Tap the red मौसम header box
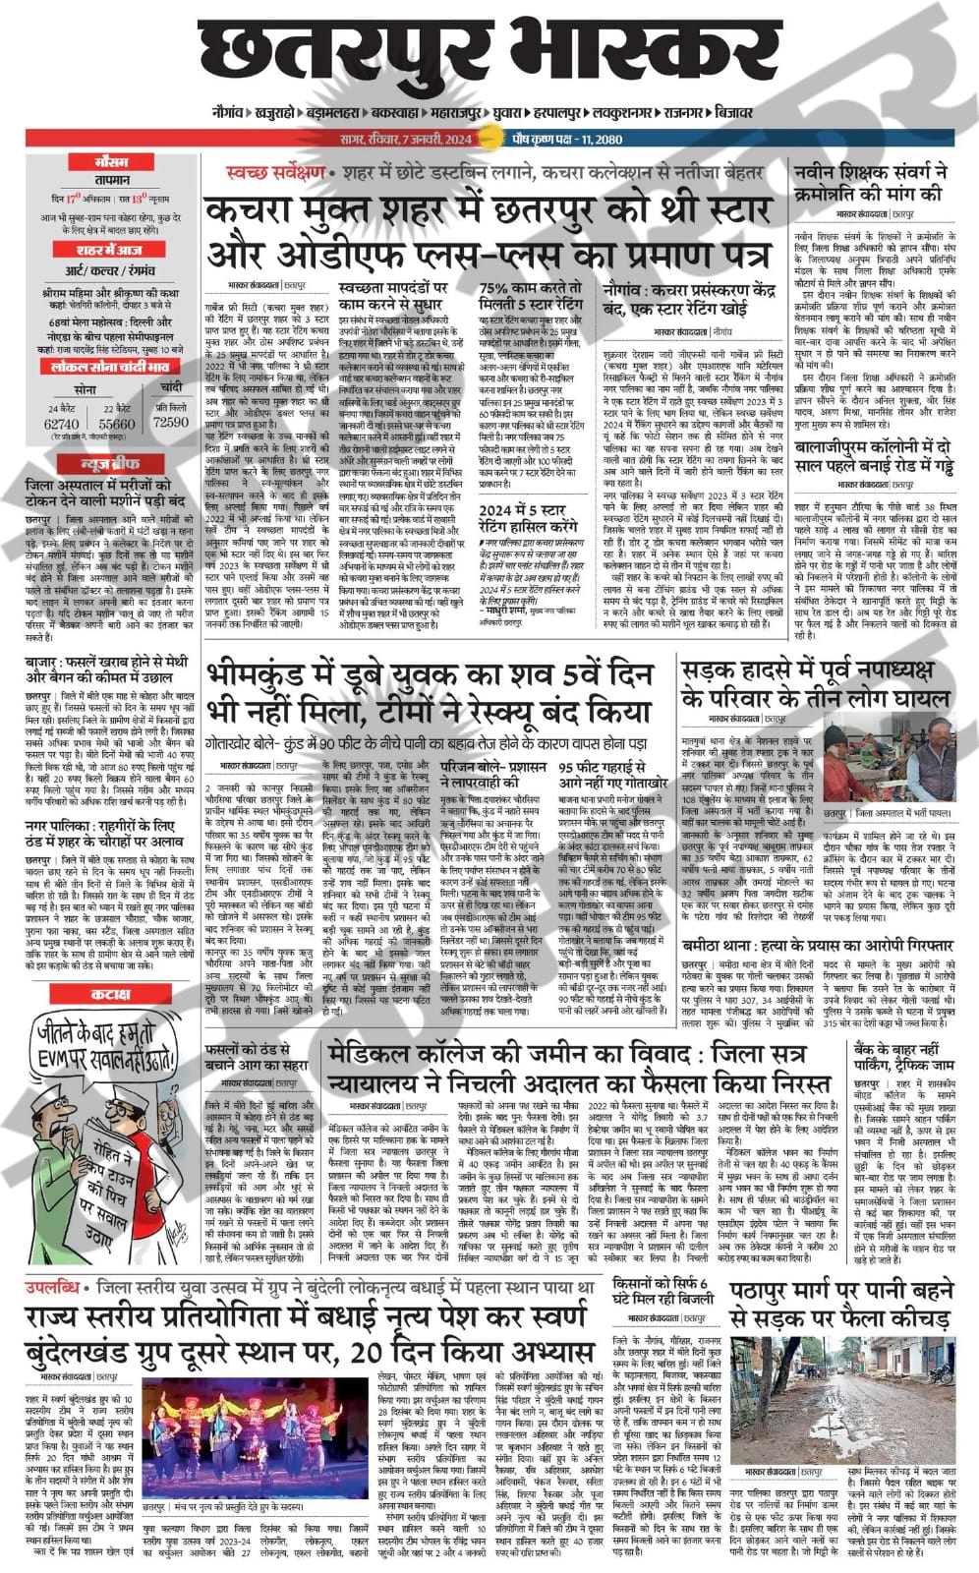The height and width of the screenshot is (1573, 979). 110,161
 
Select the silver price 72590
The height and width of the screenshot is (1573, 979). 171,422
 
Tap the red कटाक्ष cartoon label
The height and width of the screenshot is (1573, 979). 111,994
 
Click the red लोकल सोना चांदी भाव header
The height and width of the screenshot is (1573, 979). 111,367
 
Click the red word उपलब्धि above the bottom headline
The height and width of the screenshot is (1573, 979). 52,1287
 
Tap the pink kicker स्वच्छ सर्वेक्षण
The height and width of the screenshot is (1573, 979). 260,173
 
